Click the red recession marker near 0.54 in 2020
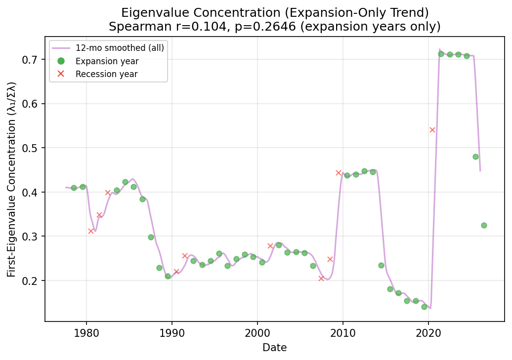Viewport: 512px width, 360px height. pos(432,130)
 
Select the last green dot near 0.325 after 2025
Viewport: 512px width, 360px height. pos(484,225)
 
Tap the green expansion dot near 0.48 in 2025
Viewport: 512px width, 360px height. pos(475,157)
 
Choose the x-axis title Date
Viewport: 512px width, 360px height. pos(274,348)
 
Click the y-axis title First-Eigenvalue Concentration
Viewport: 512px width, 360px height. pos(11,179)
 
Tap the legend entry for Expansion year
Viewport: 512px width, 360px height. pos(107,61)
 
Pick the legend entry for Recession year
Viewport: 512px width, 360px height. pos(106,74)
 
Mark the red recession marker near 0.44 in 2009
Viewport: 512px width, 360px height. pos(339,173)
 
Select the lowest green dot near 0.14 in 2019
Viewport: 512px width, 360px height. pos(424,307)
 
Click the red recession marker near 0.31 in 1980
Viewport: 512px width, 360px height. pos(91,231)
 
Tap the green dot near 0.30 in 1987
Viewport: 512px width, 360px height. pos(151,237)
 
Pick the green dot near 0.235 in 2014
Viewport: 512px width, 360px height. pos(381,265)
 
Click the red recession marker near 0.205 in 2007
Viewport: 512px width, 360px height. pos(321,279)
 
